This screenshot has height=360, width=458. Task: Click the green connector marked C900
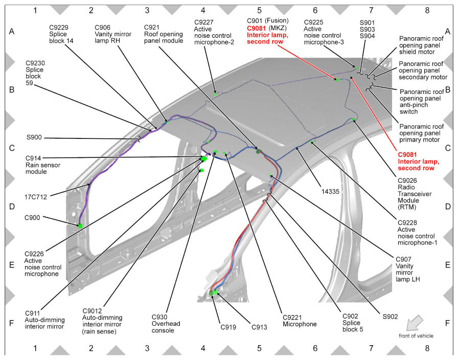tap(80, 226)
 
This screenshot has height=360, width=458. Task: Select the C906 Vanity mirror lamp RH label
tap(113, 34)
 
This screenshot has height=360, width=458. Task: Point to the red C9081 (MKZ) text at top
tap(257, 28)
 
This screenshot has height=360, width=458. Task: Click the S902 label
tap(390, 317)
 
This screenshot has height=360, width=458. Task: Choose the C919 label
tap(228, 327)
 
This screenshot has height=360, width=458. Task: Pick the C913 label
tap(259, 327)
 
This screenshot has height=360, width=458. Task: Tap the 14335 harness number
tap(330, 191)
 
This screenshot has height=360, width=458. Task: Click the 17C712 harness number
tap(35, 197)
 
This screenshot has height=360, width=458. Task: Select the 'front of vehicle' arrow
tap(415, 322)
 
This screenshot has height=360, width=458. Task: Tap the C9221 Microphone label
tap(300, 321)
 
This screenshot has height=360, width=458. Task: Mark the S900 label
tap(34, 137)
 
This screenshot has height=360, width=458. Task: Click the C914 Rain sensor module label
tap(42, 165)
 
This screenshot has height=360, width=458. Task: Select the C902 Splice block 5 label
tap(353, 323)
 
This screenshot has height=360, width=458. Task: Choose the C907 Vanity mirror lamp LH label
tap(408, 269)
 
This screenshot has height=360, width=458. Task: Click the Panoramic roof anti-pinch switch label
tap(422, 102)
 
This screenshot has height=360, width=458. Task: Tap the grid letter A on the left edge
tap(12, 31)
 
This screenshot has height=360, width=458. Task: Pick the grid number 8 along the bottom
tap(427, 348)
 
